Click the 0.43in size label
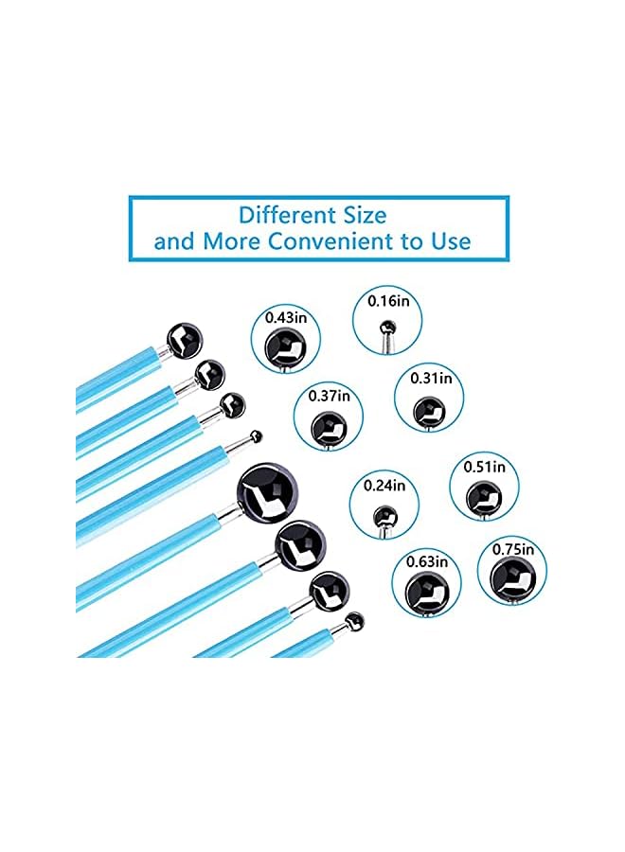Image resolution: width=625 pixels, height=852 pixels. [286, 318]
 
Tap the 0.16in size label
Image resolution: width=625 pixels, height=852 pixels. [388, 301]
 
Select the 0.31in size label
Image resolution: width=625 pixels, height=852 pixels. [431, 378]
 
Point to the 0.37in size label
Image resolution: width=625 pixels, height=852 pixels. [329, 396]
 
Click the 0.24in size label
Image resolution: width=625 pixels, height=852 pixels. [384, 486]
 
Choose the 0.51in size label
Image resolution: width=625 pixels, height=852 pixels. [484, 467]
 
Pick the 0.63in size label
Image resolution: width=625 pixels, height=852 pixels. [427, 561]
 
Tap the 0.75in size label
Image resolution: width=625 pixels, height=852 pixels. [513, 549]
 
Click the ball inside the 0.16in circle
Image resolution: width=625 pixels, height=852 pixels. [387, 328]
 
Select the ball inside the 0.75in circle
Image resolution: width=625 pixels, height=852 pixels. [512, 579]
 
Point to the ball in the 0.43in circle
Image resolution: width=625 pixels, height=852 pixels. [285, 347]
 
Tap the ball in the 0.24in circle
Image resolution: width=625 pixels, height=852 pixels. [384, 517]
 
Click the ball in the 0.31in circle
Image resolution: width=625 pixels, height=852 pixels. [429, 412]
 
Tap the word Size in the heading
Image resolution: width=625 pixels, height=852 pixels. [365, 216]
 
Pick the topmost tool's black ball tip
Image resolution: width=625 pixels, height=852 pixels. [184, 340]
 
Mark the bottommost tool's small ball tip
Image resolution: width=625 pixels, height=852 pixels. [354, 622]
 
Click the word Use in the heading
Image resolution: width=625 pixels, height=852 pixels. [451, 241]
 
